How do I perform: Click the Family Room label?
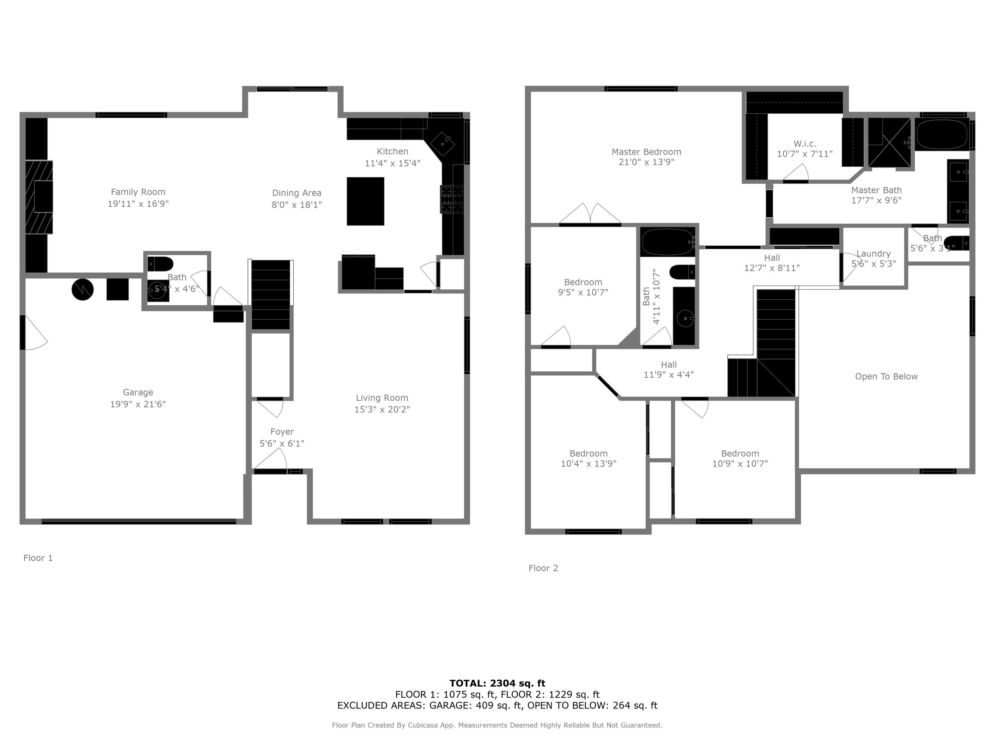[138, 192]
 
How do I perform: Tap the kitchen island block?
[365, 201]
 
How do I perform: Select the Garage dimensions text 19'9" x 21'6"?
[138, 404]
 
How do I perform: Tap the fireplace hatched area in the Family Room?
[39, 197]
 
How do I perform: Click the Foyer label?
[282, 432]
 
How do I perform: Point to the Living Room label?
[382, 398]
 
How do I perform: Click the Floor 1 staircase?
[270, 294]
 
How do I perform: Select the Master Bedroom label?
[646, 152]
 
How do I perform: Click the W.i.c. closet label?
[804, 144]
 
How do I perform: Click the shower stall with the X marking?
[889, 142]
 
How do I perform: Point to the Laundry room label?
[873, 254]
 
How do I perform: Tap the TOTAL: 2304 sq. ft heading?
[497, 683]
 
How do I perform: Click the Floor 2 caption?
[543, 568]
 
